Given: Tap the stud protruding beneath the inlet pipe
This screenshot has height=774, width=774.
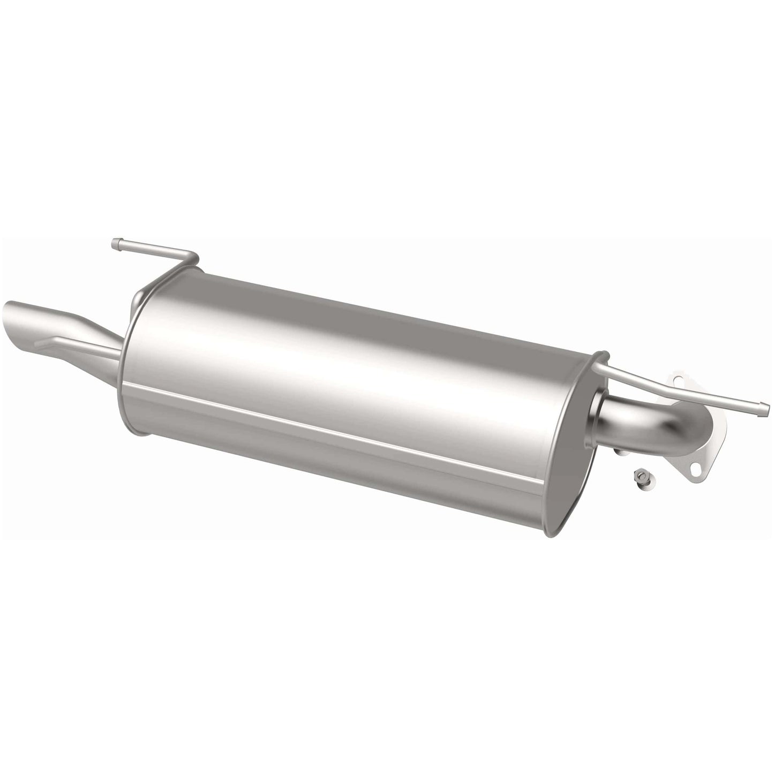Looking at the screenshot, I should click(x=621, y=453).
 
